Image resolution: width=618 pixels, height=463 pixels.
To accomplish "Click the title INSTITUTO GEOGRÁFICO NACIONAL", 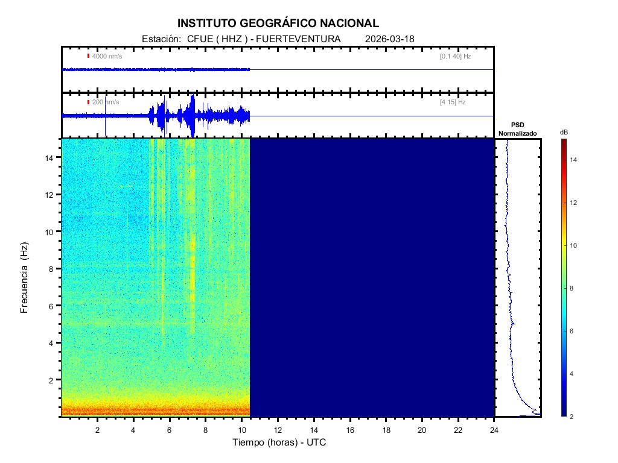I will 278,24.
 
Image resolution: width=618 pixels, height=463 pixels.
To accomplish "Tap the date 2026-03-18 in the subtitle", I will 390,39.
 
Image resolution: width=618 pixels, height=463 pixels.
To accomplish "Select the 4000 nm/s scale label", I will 107,56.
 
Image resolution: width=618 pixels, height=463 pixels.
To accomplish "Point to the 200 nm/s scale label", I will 106,102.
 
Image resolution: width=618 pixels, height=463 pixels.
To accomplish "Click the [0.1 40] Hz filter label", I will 456,56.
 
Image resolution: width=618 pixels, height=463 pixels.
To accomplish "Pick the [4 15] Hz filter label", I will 453,102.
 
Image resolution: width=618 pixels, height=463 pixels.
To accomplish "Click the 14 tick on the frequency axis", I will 51,157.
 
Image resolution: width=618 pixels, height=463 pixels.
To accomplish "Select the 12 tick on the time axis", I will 278,430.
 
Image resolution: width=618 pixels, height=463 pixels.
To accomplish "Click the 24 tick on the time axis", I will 494,430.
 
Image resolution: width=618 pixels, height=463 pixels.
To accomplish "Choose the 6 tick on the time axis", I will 170,430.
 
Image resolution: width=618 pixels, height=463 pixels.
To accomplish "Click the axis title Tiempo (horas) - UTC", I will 279,443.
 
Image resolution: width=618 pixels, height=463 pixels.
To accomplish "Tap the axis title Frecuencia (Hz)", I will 25,278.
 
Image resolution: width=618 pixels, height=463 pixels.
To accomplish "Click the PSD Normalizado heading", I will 517,129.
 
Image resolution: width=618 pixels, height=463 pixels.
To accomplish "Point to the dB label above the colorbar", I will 564,132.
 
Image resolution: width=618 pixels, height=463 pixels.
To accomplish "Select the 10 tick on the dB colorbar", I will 575,245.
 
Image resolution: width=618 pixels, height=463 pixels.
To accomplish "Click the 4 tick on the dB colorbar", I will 573,374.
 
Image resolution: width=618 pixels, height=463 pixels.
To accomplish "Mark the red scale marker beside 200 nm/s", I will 88,102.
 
